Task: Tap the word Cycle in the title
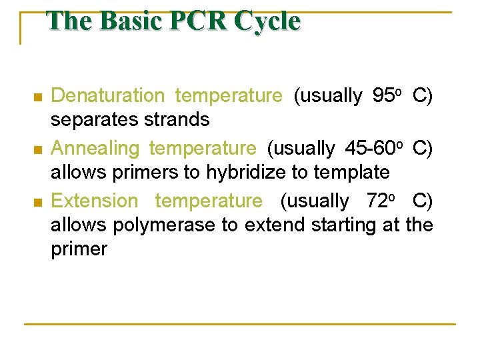[x=266, y=21]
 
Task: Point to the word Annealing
[x=95, y=148]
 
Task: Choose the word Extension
[x=95, y=201]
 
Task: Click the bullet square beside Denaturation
[x=37, y=97]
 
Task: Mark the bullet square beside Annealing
[x=37, y=149]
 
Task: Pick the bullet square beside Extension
[x=37, y=202]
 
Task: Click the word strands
[x=179, y=120]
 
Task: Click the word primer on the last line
[x=79, y=249]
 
